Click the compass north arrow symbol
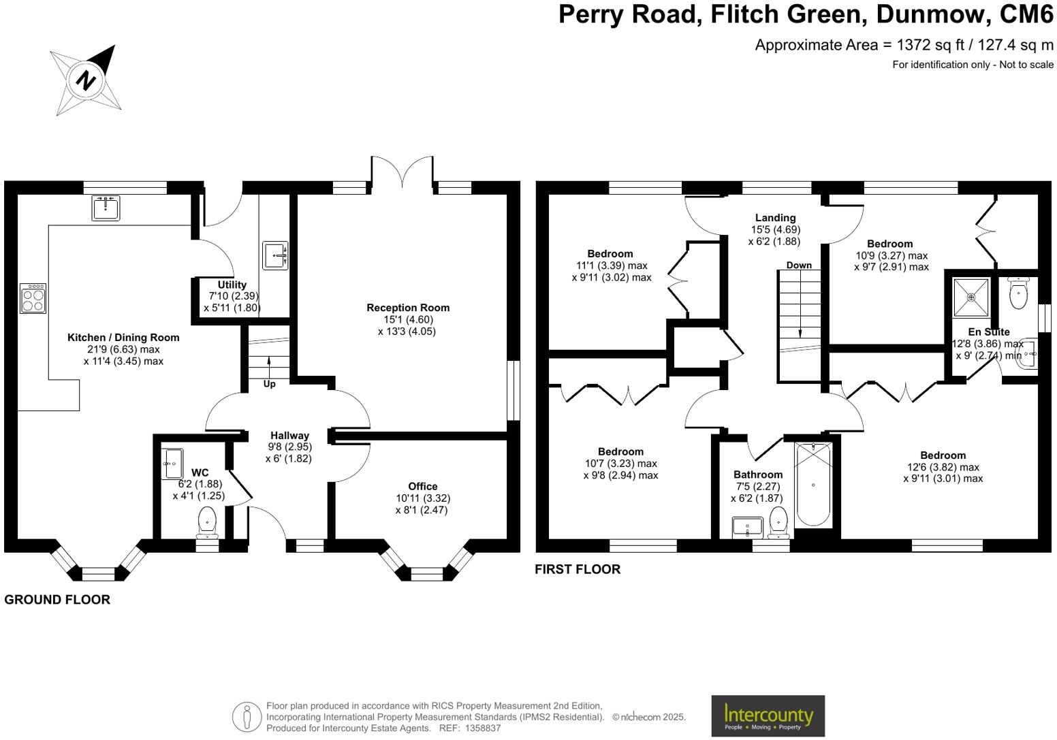(86, 80)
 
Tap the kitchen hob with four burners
(33, 297)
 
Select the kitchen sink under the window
(106, 208)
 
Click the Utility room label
(232, 285)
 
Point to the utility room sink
(275, 255)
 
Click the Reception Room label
(407, 308)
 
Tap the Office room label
(422, 486)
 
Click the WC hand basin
(172, 464)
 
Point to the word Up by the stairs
(269, 384)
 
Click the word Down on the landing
(798, 265)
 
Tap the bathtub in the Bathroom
(813, 484)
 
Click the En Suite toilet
(1018, 293)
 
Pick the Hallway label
(289, 436)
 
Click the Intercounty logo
(768, 715)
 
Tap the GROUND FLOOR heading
(57, 600)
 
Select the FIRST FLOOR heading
(578, 569)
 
